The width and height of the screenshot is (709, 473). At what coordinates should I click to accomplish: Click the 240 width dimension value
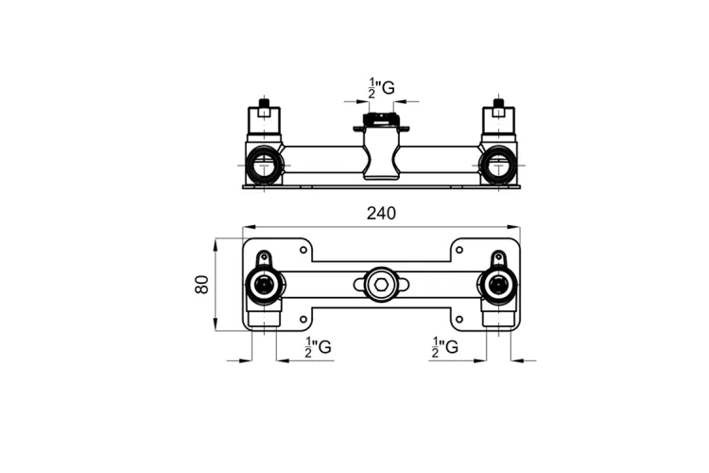tap(381, 213)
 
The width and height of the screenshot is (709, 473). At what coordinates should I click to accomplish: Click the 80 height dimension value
tap(201, 284)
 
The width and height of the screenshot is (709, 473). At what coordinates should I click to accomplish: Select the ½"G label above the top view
tap(381, 88)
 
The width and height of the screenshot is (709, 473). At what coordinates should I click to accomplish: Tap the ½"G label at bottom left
tap(318, 347)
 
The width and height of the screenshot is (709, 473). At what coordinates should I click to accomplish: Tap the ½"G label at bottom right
tap(444, 347)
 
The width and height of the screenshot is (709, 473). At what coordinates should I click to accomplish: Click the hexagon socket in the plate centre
tap(381, 285)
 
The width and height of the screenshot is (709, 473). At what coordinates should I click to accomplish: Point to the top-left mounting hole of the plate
tap(303, 250)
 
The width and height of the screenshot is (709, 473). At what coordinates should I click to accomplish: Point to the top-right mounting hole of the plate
tap(458, 250)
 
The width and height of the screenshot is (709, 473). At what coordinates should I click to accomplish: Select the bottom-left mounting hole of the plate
tap(303, 319)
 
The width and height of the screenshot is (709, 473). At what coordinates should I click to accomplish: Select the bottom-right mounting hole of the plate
tap(458, 319)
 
